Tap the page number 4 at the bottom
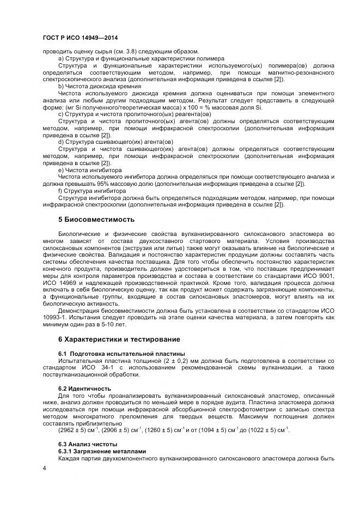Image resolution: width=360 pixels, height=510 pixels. pyautogui.click(x=45, y=468)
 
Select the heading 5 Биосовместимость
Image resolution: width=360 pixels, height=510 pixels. pyautogui.click(x=96, y=220)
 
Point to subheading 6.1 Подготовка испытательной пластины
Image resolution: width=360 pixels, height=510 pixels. pyautogui.click(x=121, y=354)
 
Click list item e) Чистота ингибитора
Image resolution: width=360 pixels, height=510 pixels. pyautogui.click(x=90, y=170)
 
